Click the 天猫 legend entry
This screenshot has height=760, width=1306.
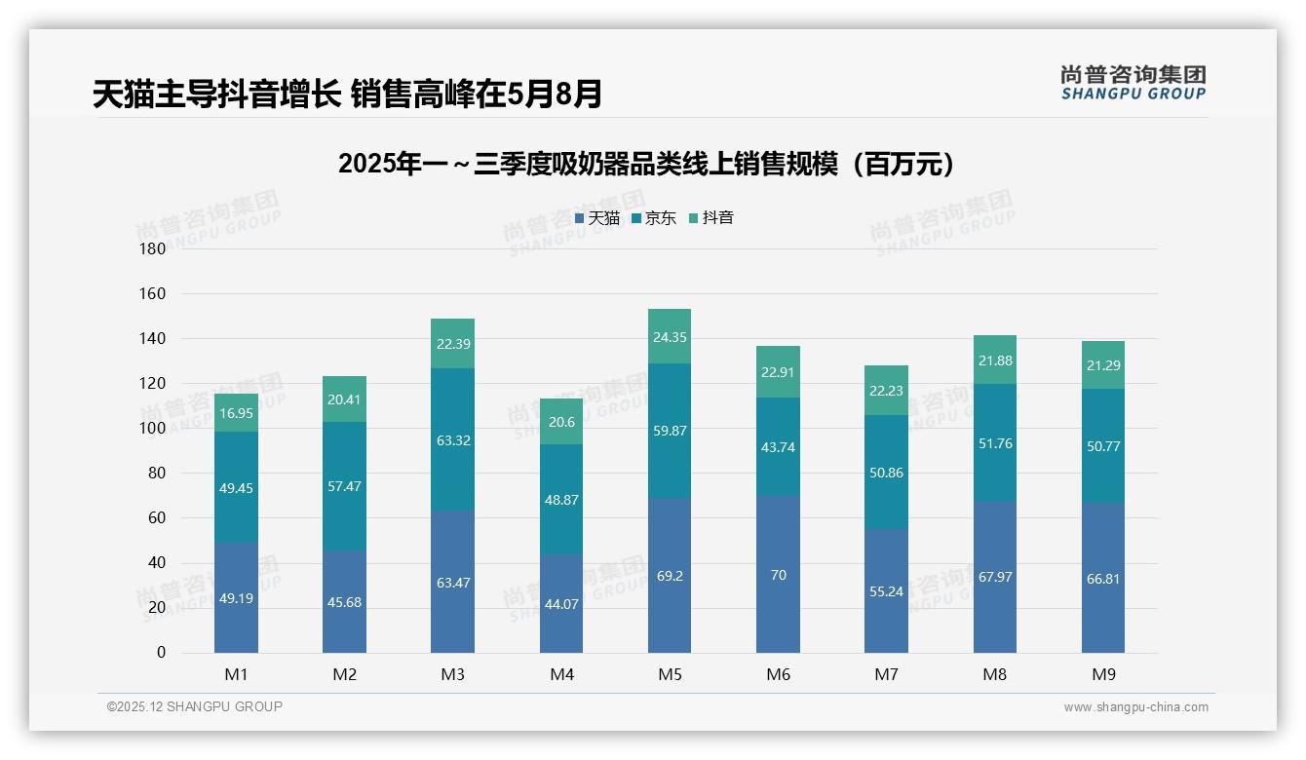pos(597,218)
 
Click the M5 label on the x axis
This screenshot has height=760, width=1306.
pos(670,674)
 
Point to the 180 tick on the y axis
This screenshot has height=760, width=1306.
pos(153,249)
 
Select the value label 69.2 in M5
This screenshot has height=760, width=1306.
pos(670,576)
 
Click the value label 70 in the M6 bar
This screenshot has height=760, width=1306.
pos(778,575)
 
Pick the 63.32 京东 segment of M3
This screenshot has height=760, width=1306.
pos(453,440)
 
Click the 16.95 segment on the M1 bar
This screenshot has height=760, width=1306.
pos(237,413)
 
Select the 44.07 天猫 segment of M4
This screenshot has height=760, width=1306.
pos(561,604)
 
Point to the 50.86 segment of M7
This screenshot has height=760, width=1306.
pos(886,473)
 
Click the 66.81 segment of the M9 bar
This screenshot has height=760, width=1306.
pos(1102,579)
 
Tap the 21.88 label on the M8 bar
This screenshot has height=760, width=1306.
pos(994,361)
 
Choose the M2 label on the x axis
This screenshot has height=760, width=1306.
pos(344,674)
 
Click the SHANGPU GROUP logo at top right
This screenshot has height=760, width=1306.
pos(1133,82)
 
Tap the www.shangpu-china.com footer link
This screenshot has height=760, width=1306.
pos(1135,707)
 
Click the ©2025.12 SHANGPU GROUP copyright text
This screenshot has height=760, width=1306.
pos(195,706)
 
